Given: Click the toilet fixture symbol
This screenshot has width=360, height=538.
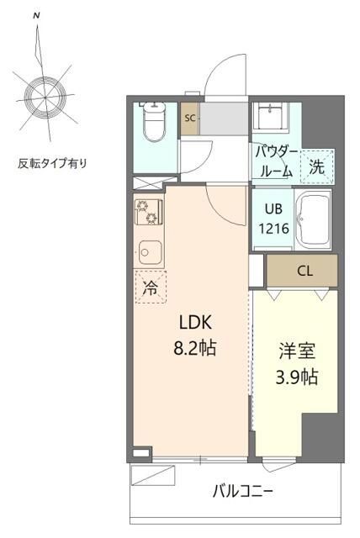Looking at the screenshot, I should [154, 124].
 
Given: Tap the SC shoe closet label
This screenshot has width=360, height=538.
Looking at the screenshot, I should [190, 118].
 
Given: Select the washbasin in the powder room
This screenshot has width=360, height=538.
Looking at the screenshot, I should [273, 114].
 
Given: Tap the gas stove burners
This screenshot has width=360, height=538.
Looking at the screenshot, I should [147, 211].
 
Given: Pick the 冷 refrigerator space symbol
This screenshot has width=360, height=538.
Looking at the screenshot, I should [149, 287].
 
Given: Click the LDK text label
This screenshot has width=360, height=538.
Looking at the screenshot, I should [195, 322].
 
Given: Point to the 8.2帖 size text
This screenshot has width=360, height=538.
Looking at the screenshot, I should [195, 346].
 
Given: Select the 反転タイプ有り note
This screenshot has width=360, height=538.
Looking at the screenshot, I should [51, 162].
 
